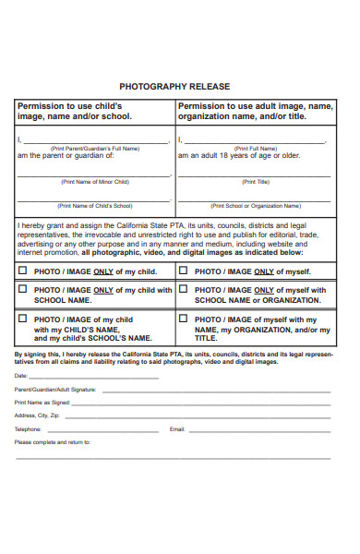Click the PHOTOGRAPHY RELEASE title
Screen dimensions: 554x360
coord(180,86)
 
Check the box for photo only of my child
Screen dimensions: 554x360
coord(23,271)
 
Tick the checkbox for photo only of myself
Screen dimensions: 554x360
coord(183,271)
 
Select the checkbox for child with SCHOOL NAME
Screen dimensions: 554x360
coord(23,290)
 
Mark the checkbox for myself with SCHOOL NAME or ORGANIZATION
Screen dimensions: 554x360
coord(183,289)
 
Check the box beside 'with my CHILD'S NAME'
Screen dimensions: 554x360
coord(23,319)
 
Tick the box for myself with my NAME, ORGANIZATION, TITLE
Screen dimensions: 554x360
coord(183,319)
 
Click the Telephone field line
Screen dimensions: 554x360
coord(102,430)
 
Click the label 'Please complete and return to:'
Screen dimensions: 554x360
coord(53,443)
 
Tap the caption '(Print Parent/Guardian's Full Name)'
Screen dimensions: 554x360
coord(95,148)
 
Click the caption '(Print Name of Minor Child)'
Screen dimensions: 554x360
coord(95,182)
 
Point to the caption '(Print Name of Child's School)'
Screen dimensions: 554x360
coord(95,206)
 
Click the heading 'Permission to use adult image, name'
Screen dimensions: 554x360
coord(255,106)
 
